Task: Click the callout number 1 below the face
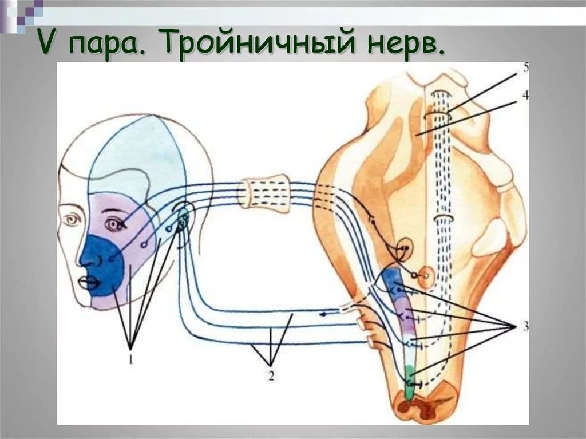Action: pyautogui.click(x=131, y=359)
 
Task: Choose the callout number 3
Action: pyautogui.click(x=525, y=326)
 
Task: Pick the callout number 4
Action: pyautogui.click(x=525, y=95)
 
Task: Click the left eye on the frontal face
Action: pyautogui.click(x=73, y=219)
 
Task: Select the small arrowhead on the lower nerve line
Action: pyautogui.click(x=324, y=314)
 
